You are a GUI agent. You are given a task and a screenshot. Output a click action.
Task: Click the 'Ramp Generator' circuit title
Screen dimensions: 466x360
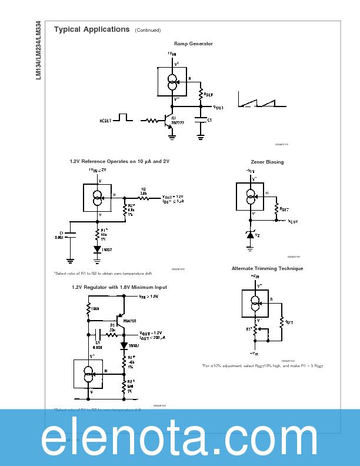193,44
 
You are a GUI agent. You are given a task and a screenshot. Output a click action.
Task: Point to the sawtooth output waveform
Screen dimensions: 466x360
262,99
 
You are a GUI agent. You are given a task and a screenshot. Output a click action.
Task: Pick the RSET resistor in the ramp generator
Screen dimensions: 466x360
201,94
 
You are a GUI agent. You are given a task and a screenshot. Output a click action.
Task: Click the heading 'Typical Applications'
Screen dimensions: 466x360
92,29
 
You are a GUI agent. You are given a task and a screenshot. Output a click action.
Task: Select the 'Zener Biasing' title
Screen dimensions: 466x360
267,162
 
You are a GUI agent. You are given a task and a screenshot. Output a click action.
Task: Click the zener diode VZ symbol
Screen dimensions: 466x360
251,235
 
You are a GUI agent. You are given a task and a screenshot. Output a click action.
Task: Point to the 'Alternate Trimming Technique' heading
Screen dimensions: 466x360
267,268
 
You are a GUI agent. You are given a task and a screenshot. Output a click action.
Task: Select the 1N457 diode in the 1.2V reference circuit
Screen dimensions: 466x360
97,248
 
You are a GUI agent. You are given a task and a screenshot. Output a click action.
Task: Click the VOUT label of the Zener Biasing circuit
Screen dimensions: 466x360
293,221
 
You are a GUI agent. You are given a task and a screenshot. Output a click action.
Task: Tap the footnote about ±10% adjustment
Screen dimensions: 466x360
262,366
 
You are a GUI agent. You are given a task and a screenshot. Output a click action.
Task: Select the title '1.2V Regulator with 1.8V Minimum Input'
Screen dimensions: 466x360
119,287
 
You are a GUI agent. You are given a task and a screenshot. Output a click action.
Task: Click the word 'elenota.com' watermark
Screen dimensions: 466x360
180,439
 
